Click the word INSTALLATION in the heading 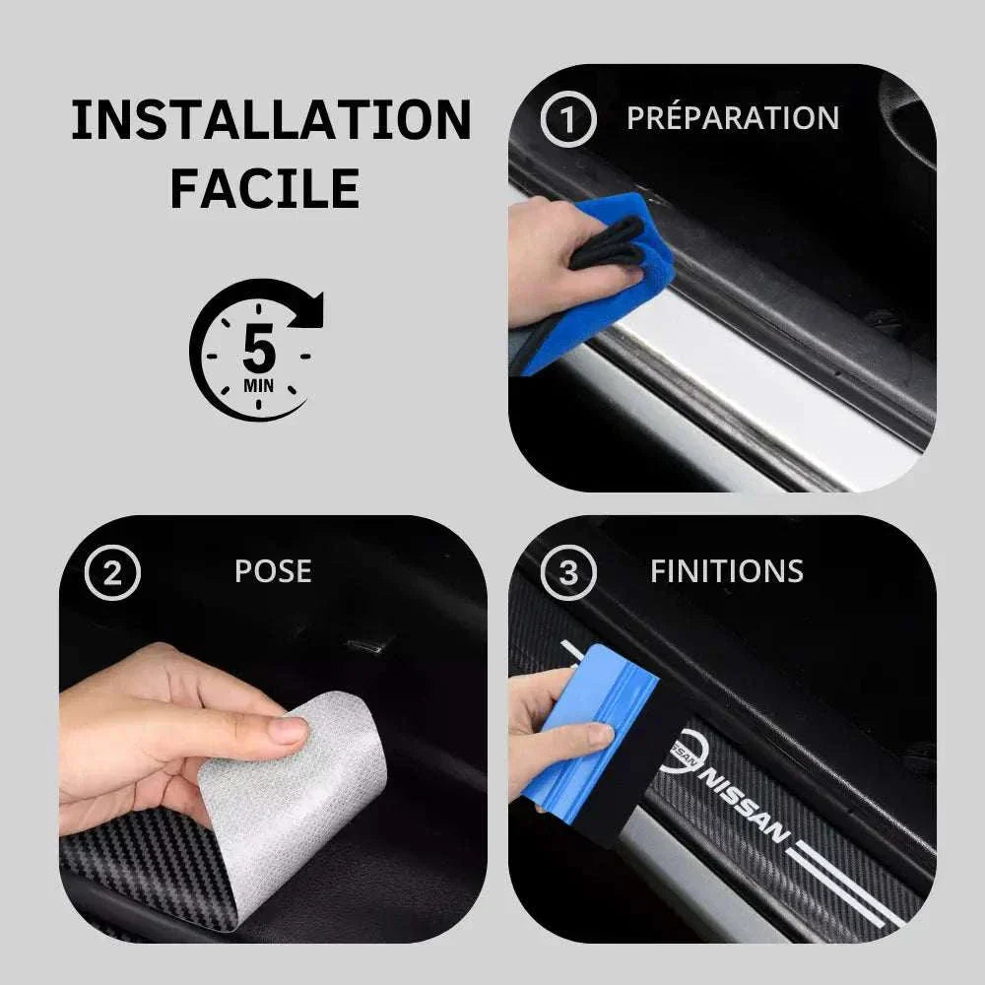(x=271, y=120)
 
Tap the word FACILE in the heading (x=264, y=189)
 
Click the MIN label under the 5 (x=258, y=384)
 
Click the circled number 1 (x=568, y=120)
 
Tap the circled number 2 (x=112, y=572)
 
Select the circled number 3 (x=568, y=572)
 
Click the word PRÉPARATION (x=733, y=118)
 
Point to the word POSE (x=273, y=571)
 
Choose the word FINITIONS (x=726, y=571)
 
